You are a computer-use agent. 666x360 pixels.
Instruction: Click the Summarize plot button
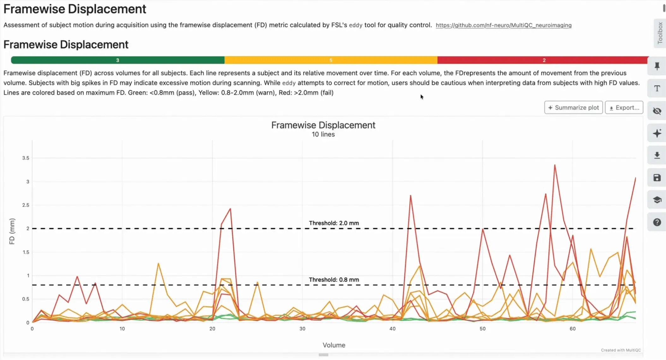573,108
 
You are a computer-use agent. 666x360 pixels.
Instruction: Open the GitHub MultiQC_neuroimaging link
503,25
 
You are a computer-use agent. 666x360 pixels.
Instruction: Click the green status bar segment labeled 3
117,60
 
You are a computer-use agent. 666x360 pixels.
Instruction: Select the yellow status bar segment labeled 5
331,60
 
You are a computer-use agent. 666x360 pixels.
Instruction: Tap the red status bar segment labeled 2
544,60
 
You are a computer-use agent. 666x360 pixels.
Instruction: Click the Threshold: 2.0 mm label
334,223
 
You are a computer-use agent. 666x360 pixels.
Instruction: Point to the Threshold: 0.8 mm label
334,280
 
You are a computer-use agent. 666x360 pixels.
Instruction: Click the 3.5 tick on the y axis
26,158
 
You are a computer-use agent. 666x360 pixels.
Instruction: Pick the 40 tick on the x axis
392,329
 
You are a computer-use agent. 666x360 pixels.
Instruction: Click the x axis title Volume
334,345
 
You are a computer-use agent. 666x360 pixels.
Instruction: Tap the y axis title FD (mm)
12,231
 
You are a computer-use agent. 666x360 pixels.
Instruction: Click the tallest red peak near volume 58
555,165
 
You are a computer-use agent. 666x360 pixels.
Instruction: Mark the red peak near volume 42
410,195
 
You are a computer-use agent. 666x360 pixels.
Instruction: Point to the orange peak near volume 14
158,263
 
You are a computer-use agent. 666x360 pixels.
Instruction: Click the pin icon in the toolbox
657,66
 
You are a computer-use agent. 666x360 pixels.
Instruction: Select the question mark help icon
657,222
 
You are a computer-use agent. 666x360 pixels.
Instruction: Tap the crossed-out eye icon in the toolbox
657,111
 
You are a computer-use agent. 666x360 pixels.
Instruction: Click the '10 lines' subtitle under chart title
323,135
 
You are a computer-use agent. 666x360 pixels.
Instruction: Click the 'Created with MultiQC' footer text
621,350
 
